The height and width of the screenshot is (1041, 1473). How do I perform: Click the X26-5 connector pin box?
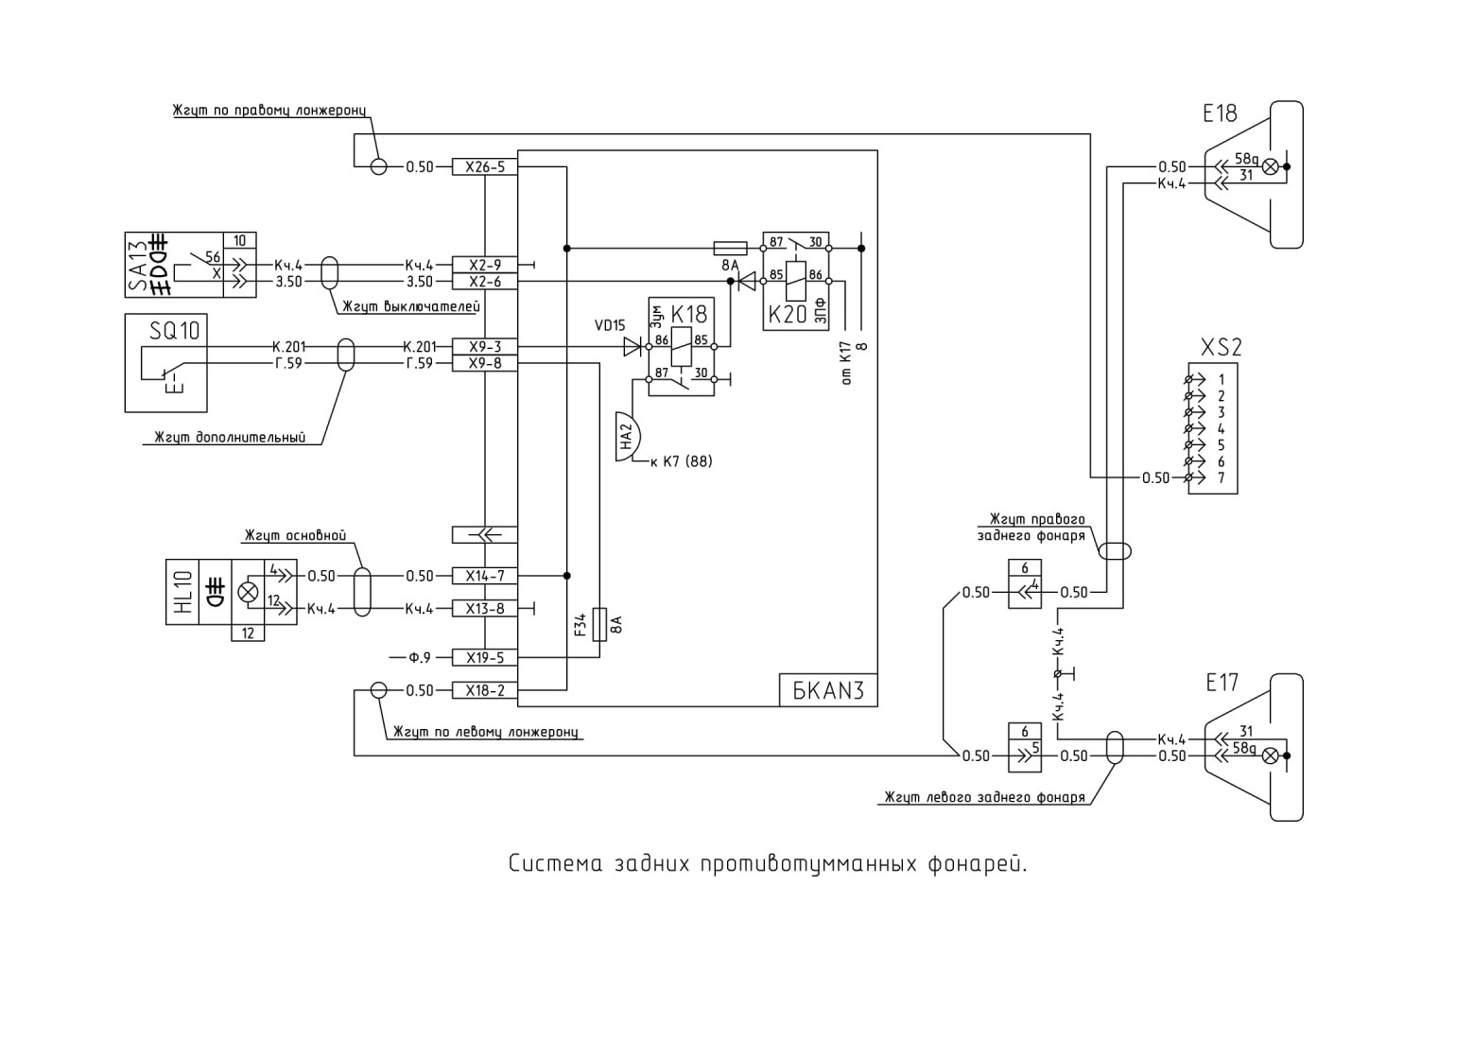coord(485,167)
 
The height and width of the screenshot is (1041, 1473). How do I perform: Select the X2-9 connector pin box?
coord(485,265)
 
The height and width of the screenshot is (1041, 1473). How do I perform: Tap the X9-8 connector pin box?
coord(485,363)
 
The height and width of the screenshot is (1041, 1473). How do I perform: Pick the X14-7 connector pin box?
coord(485,576)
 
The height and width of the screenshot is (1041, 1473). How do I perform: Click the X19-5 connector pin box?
coord(485,658)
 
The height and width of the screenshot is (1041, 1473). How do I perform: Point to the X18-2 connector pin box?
coord(485,690)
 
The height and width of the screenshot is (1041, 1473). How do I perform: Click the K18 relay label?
coord(688,314)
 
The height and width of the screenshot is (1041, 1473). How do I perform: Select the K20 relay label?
coord(788,314)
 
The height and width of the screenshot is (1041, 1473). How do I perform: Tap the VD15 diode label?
coord(610,325)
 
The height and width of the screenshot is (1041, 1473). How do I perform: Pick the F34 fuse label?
coord(580,624)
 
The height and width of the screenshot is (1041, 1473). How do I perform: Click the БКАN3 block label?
coord(828,690)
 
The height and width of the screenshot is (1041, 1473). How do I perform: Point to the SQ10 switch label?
coord(174,330)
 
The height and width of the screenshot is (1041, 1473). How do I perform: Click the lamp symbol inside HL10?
coord(248,592)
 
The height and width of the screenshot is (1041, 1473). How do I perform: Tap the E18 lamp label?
coord(1220,113)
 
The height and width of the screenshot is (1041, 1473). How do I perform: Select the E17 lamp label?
coord(1222,683)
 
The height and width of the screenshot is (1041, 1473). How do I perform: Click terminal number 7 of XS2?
coord(1222,478)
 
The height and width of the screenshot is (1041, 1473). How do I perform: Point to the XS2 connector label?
coord(1222,347)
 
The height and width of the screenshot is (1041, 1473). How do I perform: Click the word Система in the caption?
coord(556,864)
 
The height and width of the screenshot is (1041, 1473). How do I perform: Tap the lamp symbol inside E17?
coord(1271,755)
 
